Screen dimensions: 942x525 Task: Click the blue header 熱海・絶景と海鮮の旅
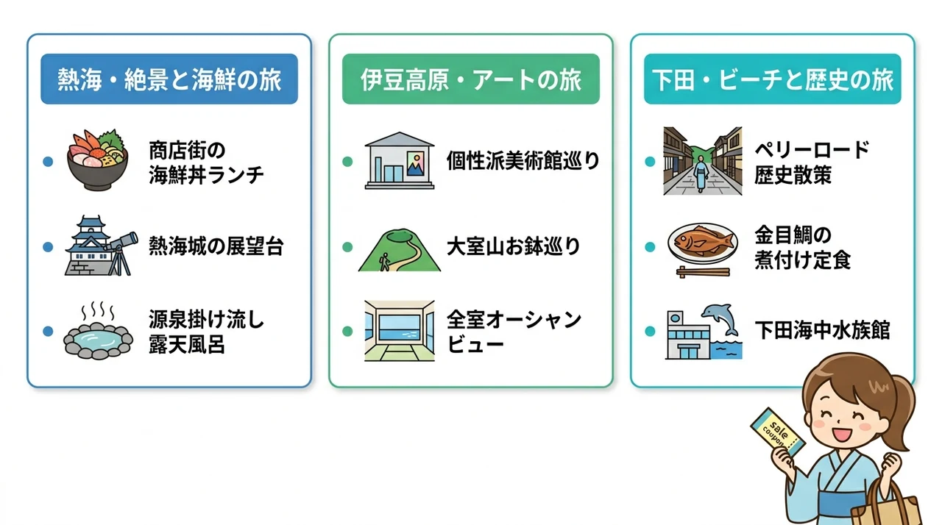coord(169,79)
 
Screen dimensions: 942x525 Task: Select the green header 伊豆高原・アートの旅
coord(470,79)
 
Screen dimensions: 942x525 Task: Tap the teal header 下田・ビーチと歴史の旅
coord(773,79)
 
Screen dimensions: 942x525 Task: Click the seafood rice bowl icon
coord(98,160)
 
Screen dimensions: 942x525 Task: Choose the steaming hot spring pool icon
coord(98,331)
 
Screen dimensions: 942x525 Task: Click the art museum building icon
coord(400,160)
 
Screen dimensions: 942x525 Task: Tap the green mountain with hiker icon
coord(400,250)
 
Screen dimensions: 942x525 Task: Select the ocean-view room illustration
coord(400,331)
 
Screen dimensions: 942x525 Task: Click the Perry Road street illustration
coord(703,161)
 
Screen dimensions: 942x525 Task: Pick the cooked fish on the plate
coord(703,242)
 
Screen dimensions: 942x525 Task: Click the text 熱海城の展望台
coord(216,246)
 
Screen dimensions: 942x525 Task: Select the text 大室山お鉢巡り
coord(514,246)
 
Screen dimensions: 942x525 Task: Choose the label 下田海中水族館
coord(822,331)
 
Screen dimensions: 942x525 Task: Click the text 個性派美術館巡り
coord(523,161)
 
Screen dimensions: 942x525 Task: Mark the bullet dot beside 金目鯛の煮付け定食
coord(650,247)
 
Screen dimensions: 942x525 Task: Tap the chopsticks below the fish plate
coord(703,272)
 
